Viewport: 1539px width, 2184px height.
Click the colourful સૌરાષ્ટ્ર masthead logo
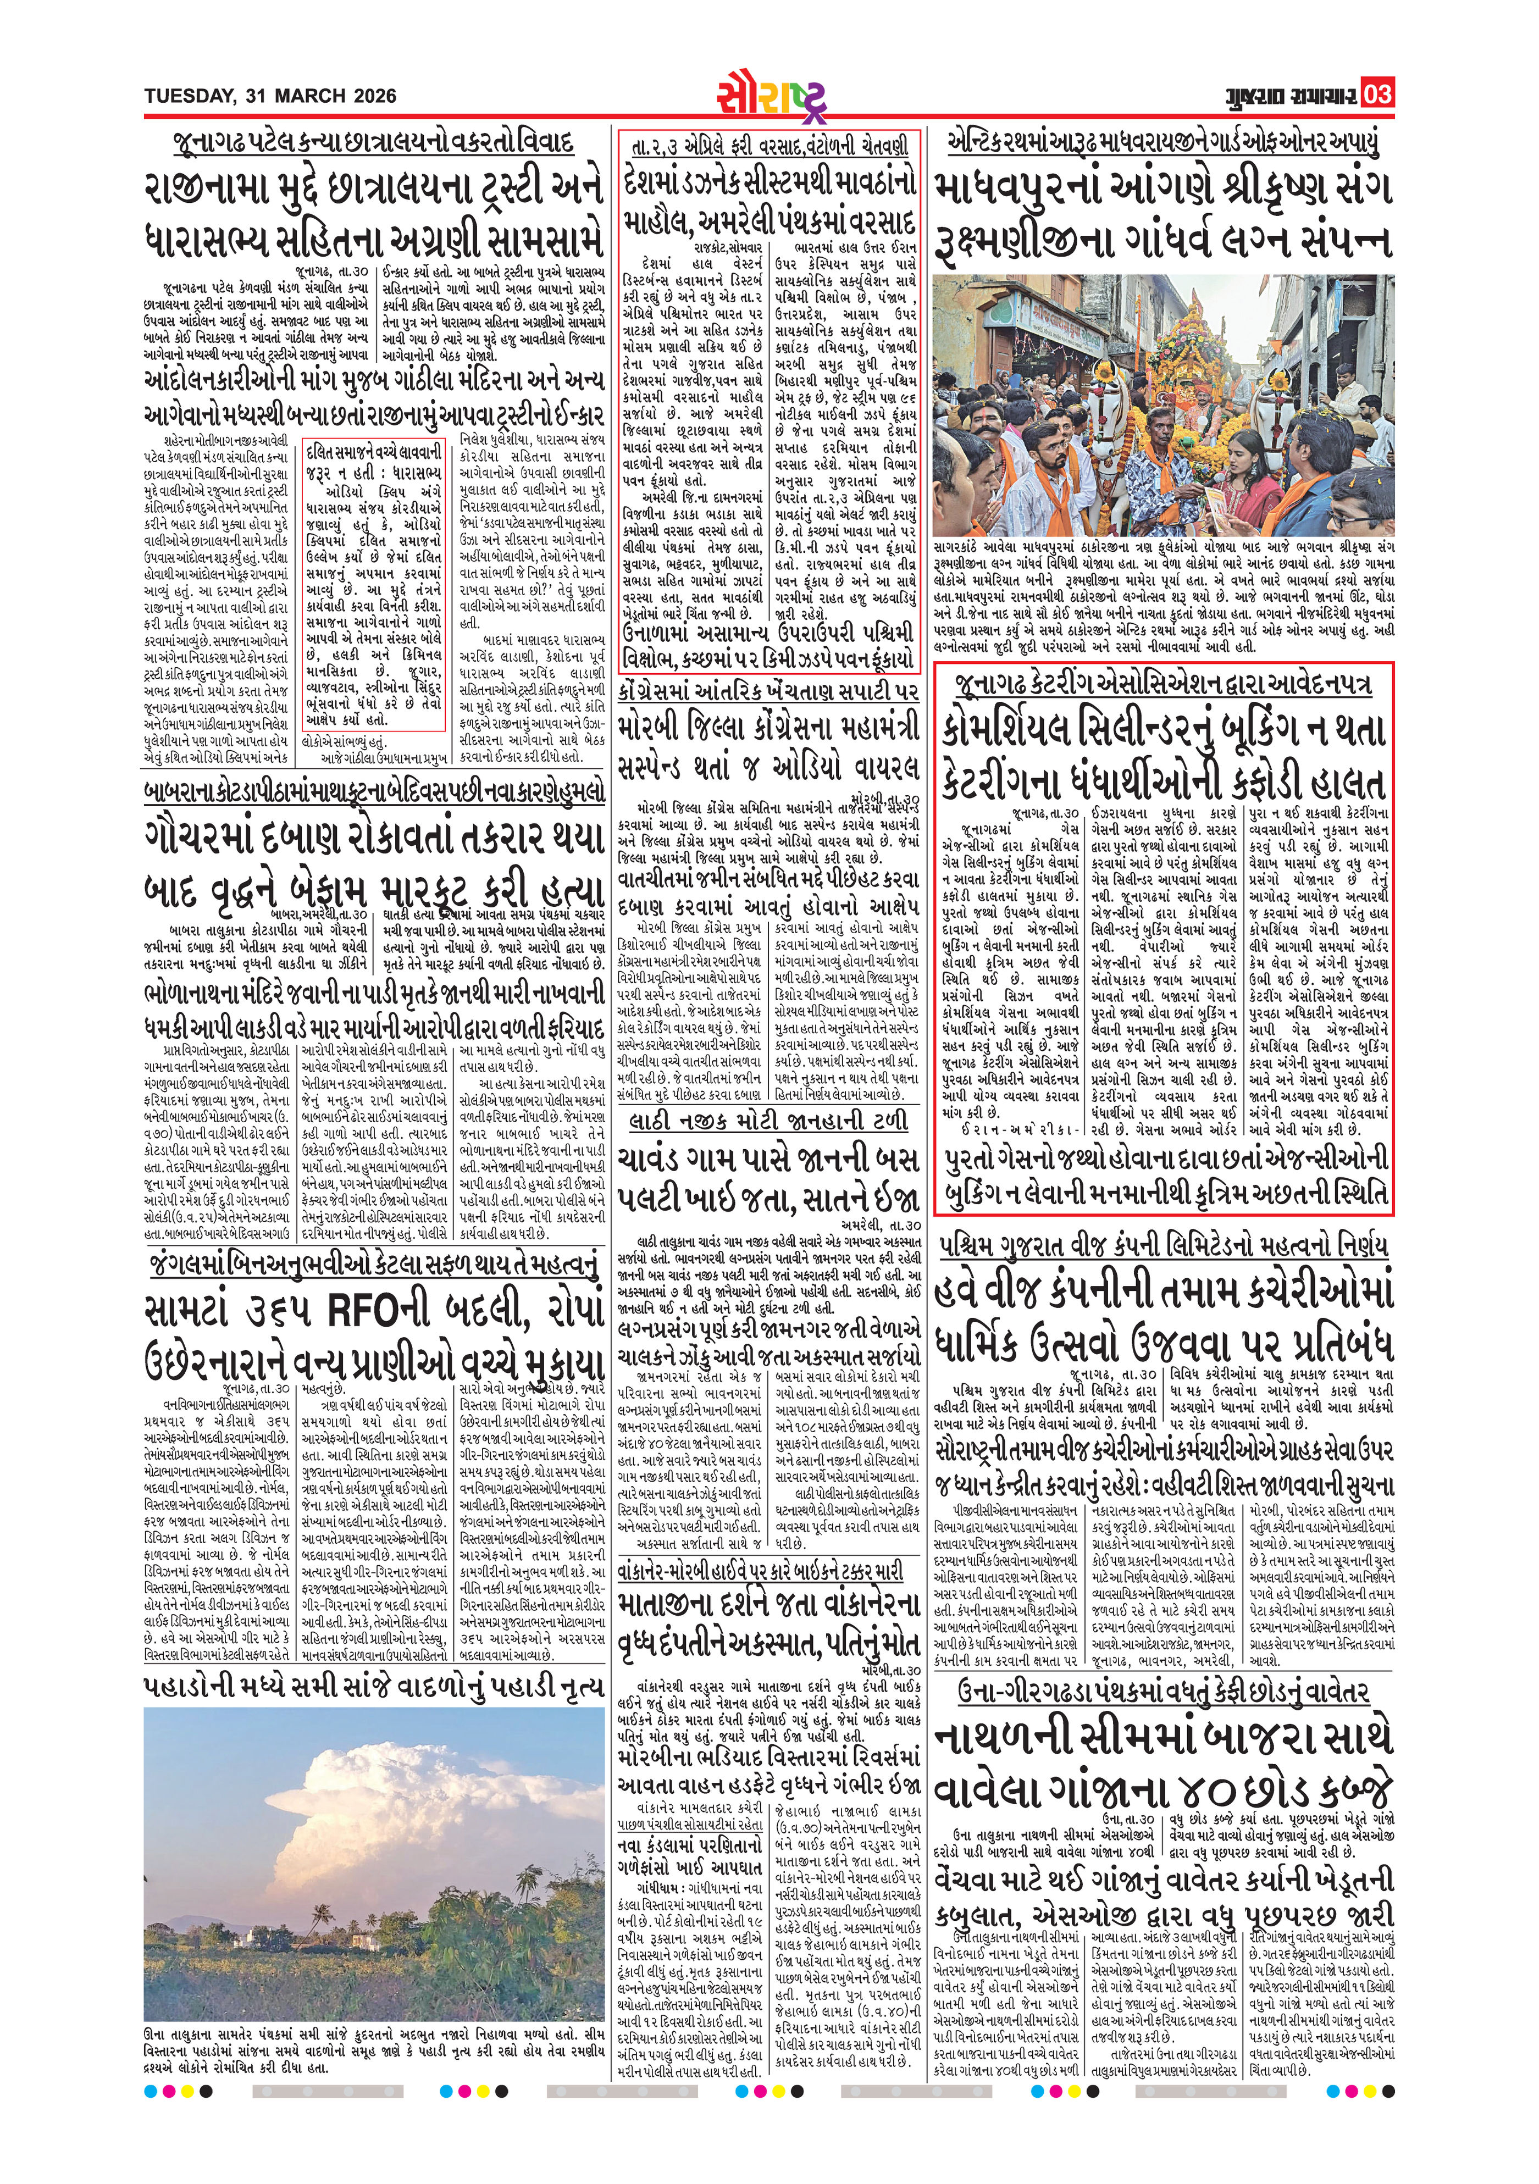771,93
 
